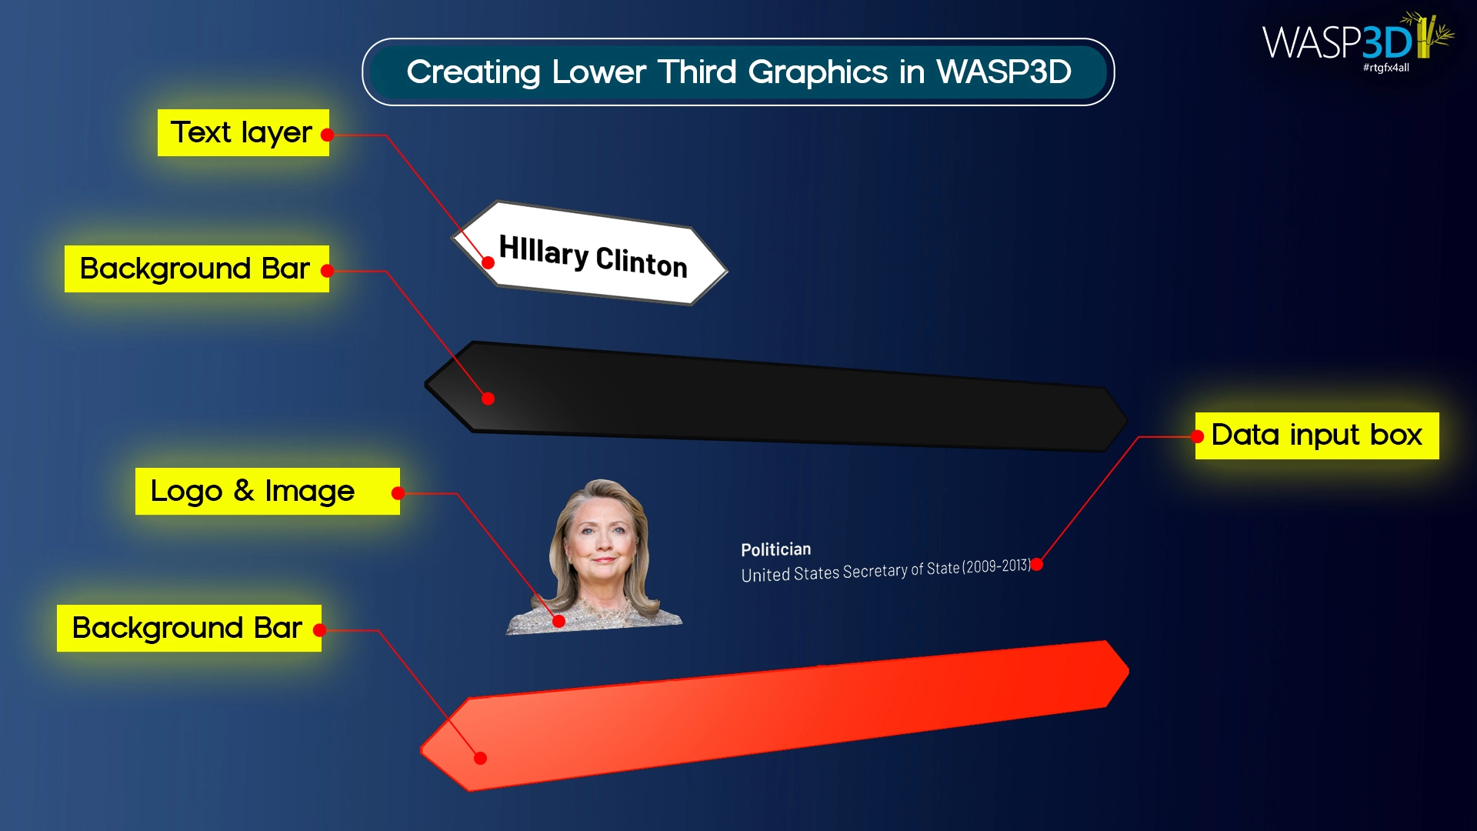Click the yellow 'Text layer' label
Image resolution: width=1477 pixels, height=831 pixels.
242,133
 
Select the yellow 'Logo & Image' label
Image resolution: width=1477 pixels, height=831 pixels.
252,491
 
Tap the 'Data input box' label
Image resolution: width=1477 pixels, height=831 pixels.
1316,436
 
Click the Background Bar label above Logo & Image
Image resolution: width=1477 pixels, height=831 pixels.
195,269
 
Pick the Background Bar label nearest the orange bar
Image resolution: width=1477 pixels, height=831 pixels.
187,629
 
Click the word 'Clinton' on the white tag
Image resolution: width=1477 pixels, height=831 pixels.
642,262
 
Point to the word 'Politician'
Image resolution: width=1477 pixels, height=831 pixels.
775,549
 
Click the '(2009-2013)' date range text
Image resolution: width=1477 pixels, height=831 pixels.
996,566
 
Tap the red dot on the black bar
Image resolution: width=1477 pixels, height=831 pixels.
488,399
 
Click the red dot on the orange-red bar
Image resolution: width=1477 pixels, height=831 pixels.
481,759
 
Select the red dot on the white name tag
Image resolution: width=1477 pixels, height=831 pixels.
488,262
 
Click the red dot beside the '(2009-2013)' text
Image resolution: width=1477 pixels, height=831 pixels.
1037,565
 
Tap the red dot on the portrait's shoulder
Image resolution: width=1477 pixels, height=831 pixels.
559,621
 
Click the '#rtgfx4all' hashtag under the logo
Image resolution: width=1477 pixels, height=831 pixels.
1385,68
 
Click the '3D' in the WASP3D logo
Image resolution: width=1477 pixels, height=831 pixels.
1387,42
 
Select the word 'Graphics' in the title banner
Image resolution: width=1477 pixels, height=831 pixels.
818,72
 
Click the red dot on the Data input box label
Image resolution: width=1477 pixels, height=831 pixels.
1197,437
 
